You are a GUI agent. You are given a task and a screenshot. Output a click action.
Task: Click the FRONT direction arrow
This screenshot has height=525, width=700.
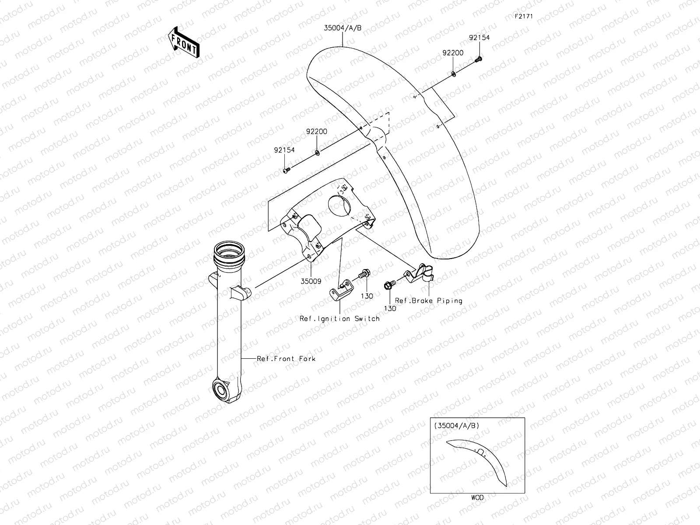pos(183,42)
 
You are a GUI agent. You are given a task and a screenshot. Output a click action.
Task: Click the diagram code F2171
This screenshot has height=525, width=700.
pos(523,17)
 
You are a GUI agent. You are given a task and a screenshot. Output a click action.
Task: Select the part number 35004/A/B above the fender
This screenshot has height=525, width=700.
pos(343,28)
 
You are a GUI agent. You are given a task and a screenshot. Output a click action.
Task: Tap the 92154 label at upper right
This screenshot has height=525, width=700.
pos(479,38)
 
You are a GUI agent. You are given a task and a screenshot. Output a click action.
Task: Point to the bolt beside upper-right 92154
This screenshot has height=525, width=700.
pos(479,59)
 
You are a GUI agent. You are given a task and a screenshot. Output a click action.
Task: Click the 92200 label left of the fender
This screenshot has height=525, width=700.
pos(316,131)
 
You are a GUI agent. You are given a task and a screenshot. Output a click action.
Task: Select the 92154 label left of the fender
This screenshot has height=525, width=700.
pos(284,150)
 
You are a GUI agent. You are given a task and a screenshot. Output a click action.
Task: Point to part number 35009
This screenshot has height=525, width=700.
pos(311,282)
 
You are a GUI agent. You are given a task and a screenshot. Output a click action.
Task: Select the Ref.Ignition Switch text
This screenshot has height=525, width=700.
pos(339,318)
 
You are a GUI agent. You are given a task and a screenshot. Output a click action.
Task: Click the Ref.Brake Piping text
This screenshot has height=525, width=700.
pos(428,301)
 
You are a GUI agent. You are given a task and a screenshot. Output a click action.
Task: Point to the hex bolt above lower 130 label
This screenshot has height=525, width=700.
pos(388,286)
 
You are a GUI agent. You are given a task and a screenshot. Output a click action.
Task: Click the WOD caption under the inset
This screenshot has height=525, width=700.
pos(477,497)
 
